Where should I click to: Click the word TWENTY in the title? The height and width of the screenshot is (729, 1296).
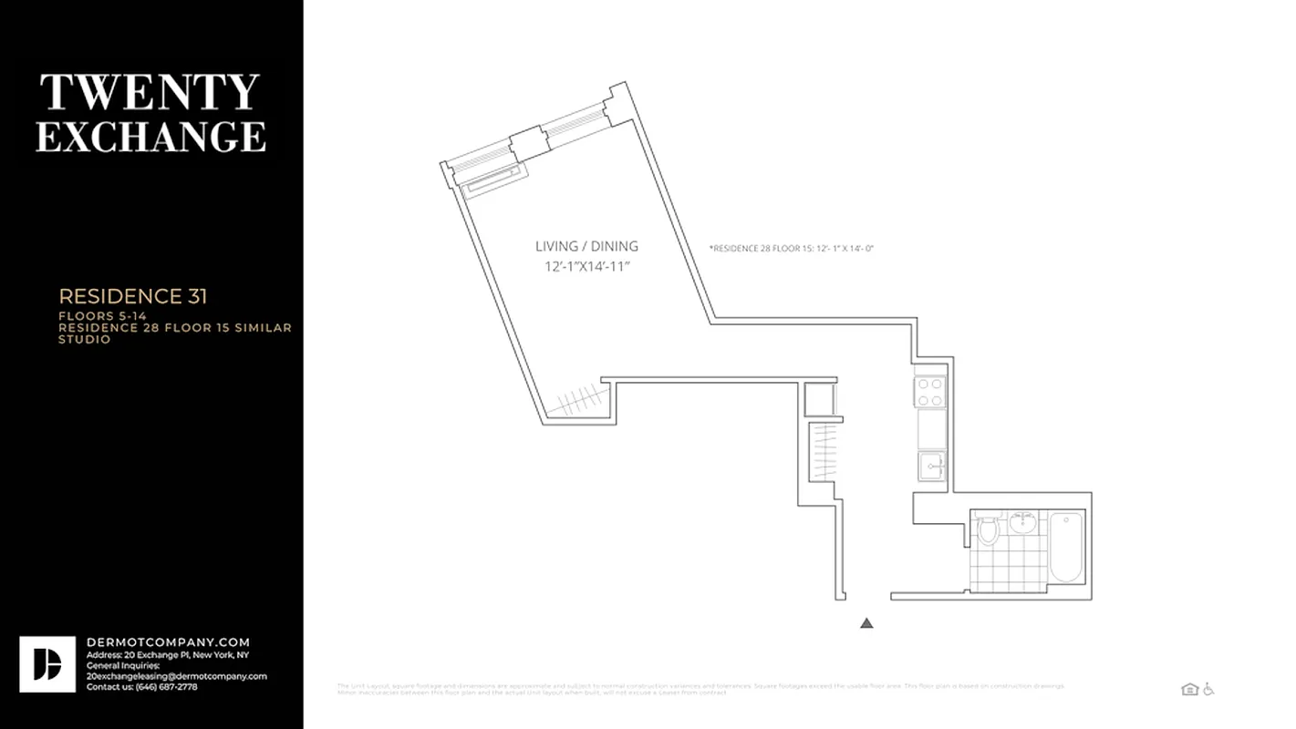(150, 92)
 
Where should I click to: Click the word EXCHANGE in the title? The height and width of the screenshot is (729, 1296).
(150, 137)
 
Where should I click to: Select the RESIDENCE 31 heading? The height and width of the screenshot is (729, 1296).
(133, 296)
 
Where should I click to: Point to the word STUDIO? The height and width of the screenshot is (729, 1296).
(85, 340)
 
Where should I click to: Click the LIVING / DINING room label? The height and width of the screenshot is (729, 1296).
(586, 246)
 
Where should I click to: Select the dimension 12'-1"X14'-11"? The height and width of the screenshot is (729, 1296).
(586, 266)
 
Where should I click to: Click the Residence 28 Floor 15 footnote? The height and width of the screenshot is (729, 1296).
(792, 248)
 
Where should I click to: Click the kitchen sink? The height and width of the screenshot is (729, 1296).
(931, 466)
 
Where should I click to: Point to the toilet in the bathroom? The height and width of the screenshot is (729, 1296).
(988, 529)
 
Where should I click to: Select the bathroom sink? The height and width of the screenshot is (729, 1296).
(1023, 522)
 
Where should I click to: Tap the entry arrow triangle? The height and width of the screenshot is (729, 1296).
(866, 623)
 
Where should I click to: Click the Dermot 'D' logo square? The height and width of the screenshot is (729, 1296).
(47, 664)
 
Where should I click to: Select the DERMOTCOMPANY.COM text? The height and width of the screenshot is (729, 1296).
(168, 642)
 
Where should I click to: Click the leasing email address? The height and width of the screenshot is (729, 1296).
(176, 676)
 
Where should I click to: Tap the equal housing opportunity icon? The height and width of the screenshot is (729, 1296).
(1189, 690)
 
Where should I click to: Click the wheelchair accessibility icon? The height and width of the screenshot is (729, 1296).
(1208, 690)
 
